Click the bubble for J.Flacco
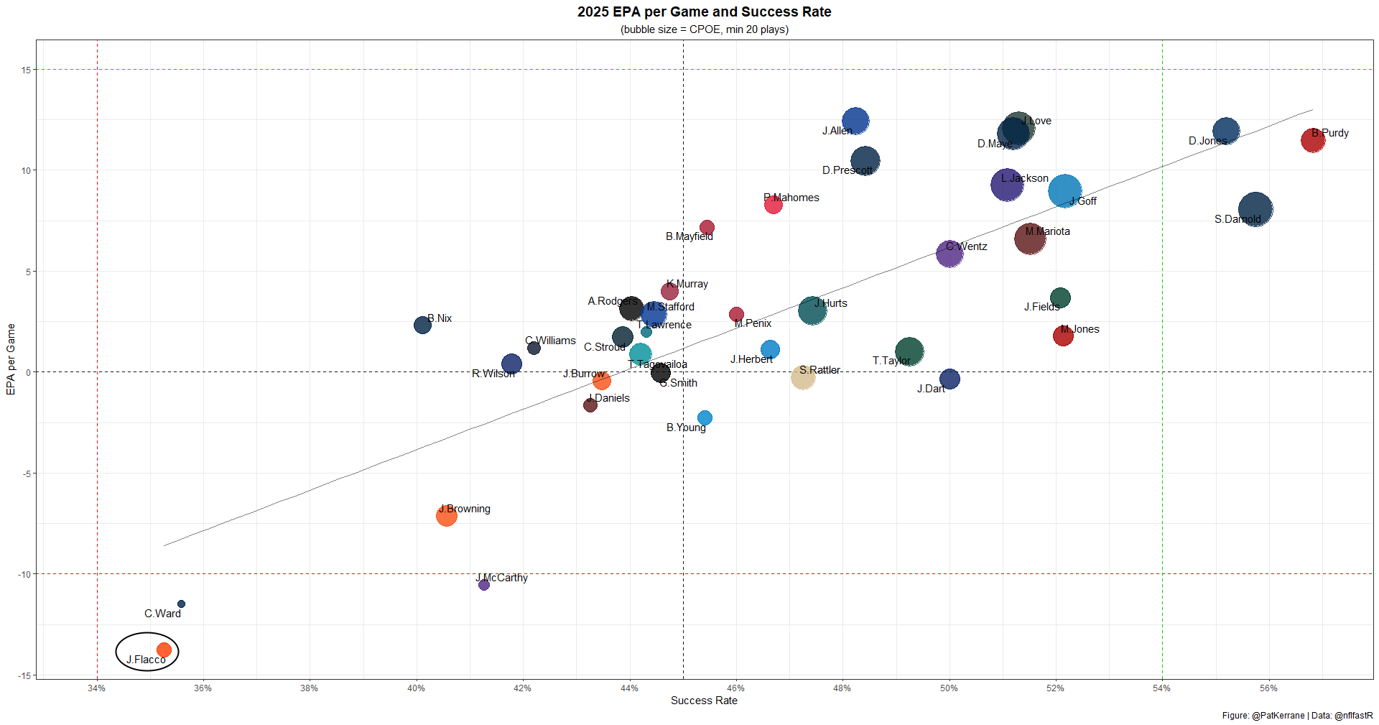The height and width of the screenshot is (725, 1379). tap(164, 650)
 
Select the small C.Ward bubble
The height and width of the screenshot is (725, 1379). tap(181, 604)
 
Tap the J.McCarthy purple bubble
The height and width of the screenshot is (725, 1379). tap(484, 585)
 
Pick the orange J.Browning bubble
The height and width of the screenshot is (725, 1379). tap(446, 515)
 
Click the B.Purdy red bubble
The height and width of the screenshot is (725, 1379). tap(1313, 140)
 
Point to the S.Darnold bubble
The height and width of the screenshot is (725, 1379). tap(1255, 210)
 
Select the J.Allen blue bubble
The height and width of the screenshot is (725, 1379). tap(855, 121)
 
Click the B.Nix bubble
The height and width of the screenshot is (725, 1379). tap(422, 325)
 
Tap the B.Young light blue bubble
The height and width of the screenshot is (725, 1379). tap(705, 418)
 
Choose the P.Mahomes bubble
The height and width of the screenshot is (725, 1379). tap(773, 205)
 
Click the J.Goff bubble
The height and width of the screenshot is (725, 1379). tap(1064, 191)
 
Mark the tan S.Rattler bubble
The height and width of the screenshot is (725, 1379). tap(803, 377)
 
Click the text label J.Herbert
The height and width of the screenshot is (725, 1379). tap(751, 359)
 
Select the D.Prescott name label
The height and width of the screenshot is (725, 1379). tap(847, 170)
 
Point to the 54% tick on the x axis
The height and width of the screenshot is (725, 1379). tap(1162, 688)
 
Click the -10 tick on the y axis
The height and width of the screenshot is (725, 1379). tap(25, 574)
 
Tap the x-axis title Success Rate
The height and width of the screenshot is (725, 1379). tap(704, 701)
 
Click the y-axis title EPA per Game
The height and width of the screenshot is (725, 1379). tap(11, 359)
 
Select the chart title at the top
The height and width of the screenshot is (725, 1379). tap(704, 12)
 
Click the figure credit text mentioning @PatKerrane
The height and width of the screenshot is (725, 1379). tap(1297, 716)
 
